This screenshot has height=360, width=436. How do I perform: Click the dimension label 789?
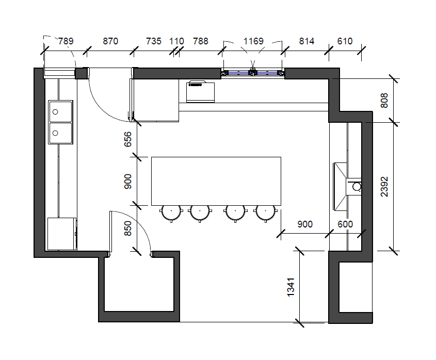[66, 41]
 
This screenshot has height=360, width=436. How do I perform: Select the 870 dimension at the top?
[110, 41]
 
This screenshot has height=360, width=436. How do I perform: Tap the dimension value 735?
[153, 41]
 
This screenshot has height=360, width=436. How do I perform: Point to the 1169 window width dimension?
[253, 41]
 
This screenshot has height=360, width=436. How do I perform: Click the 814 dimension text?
[306, 41]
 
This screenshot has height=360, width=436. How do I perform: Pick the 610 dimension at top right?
[345, 41]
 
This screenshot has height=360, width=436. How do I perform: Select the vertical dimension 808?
[384, 101]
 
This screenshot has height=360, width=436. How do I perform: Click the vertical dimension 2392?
[384, 187]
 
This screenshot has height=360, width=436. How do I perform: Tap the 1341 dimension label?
[290, 287]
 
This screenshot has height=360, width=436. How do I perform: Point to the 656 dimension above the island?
[127, 139]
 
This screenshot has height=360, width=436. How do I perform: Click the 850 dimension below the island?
[127, 228]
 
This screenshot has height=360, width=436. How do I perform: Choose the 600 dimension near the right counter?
[345, 224]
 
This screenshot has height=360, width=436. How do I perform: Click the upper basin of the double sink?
[60, 111]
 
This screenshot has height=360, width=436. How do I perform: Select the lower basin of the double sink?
[60, 133]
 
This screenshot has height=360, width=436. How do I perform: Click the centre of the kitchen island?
[216, 181]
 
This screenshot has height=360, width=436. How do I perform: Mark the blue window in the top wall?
[253, 73]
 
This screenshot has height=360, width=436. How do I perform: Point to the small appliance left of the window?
[201, 91]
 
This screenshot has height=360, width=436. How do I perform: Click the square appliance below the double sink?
[62, 234]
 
